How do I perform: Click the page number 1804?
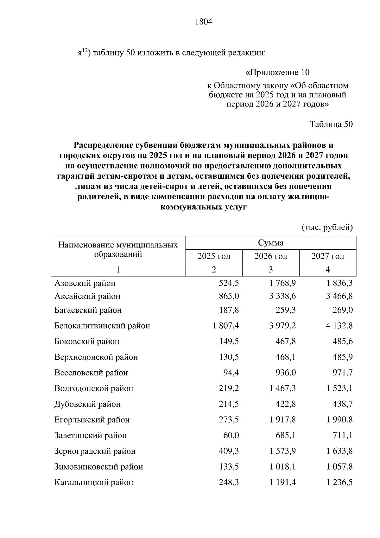[203, 22]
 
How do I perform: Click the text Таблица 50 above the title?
[331, 124]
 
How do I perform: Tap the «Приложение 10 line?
[277, 73]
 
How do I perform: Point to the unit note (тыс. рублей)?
[327, 227]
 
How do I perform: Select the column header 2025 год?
[214, 256]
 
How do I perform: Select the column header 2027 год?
[327, 256]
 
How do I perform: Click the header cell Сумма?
[270, 243]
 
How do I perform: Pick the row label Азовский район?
[85, 283]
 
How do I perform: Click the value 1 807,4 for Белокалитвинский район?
[226, 326]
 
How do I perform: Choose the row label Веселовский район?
[91, 373]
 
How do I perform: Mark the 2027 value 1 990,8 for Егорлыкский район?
[339, 420]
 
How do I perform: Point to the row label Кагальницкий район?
[94, 483]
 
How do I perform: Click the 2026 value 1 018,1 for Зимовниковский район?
[282, 467]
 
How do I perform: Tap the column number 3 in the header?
[270, 269]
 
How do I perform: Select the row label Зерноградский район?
[95, 451]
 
